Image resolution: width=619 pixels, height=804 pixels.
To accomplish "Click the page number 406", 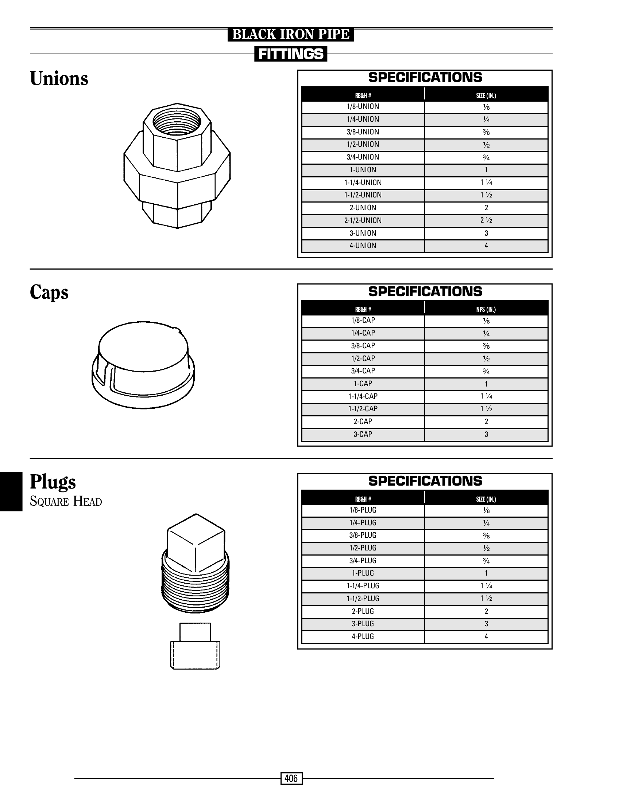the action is pos(291,778).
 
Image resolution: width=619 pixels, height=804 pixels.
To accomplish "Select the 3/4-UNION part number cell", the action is pos(363,157).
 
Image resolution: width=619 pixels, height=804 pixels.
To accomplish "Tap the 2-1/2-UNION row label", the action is pos(363,220).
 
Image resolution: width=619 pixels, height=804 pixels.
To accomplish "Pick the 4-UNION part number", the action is pos(363,246).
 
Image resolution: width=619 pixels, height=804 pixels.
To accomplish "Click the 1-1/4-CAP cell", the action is pos(363,396).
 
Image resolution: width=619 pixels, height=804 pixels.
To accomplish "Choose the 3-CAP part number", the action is pos(363,434).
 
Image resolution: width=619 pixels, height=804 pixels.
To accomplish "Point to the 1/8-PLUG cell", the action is pos(363,510).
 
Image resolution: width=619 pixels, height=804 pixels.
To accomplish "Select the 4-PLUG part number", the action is pos(363,636).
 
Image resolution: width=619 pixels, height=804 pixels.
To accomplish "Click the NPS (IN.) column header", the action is pos(486,309).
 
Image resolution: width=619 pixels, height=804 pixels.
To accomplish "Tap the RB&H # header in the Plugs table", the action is pos(363,499).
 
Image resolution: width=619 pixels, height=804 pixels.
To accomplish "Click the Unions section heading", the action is pos(59,78).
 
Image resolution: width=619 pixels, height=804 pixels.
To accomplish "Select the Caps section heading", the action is pos(49,293).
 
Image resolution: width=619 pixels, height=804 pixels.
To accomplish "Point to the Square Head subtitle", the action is pos(66,501).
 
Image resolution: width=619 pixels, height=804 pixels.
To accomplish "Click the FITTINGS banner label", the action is pos(291,54).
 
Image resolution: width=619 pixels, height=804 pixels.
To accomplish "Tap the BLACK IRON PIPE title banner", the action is pos(291,34).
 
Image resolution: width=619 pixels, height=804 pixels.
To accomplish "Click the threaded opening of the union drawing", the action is pos(177,122).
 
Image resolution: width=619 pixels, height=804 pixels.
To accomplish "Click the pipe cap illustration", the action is pos(143,365).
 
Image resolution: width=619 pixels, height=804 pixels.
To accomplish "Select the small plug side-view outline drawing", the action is pos(195,646).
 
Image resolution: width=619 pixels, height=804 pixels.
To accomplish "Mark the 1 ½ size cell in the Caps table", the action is pos(486,409).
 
